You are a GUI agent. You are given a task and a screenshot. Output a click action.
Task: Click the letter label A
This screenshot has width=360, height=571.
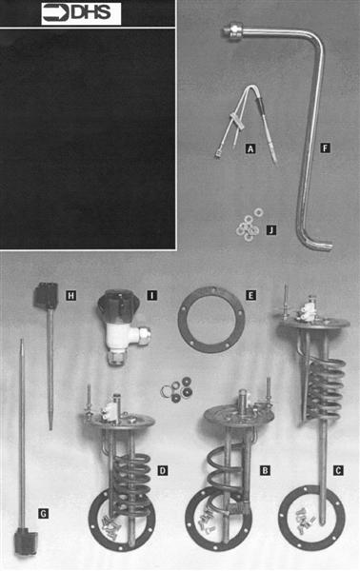tap(250, 148)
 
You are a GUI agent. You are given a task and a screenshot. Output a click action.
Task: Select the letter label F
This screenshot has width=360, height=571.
tap(326, 148)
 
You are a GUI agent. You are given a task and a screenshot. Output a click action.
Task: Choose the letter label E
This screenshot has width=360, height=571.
tap(250, 296)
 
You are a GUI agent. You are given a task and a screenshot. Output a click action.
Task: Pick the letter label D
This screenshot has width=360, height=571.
tap(163, 470)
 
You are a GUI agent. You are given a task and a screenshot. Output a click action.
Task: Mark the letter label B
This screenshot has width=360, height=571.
tap(266, 470)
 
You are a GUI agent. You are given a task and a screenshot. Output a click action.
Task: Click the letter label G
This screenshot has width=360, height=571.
tap(42, 513)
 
